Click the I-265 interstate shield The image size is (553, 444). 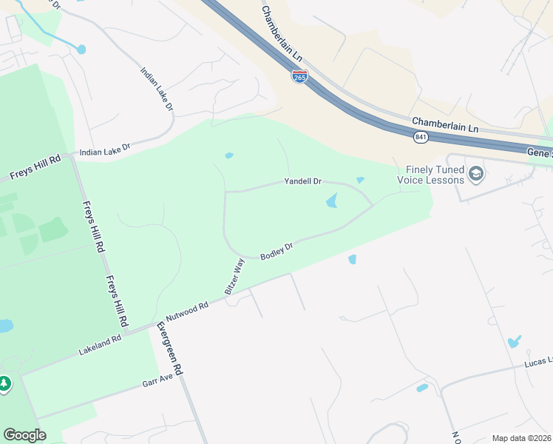pyautogui.click(x=299, y=77)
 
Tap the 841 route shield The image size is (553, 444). pyautogui.click(x=420, y=137)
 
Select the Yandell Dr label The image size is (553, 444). pyautogui.click(x=303, y=181)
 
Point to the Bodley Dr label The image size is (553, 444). pyautogui.click(x=278, y=249)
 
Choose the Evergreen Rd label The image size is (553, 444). pyautogui.click(x=172, y=347)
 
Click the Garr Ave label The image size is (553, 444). pyautogui.click(x=157, y=380)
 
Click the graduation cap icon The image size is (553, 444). pyautogui.click(x=476, y=175)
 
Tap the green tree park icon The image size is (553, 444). pyautogui.click(x=4, y=383)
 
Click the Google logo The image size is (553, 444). pyautogui.click(x=24, y=435)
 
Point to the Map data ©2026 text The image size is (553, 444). pyautogui.click(x=521, y=438)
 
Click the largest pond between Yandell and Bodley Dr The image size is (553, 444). pyautogui.click(x=331, y=201)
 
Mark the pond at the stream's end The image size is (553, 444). pyautogui.click(x=81, y=50)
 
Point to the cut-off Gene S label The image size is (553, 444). pyautogui.click(x=539, y=152)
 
